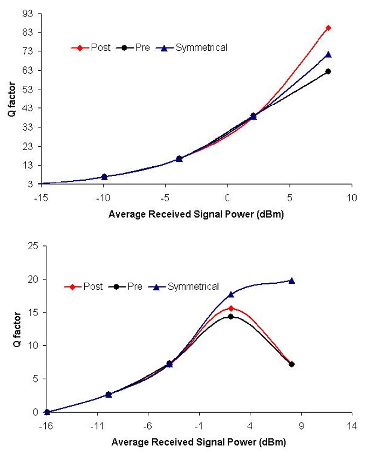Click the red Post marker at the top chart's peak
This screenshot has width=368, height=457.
[328, 28]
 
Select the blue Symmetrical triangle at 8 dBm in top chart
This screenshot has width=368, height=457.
[328, 54]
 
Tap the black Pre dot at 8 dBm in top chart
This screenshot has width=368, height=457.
[328, 71]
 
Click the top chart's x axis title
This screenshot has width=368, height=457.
[196, 214]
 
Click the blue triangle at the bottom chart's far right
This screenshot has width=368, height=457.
[292, 281]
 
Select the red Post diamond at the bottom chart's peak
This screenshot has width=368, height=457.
[231, 308]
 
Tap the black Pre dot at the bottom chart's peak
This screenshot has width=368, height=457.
[231, 317]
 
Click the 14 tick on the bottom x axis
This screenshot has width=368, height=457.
[352, 425]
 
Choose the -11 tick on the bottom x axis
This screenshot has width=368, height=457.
[97, 425]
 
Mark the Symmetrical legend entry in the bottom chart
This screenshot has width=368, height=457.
[193, 287]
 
